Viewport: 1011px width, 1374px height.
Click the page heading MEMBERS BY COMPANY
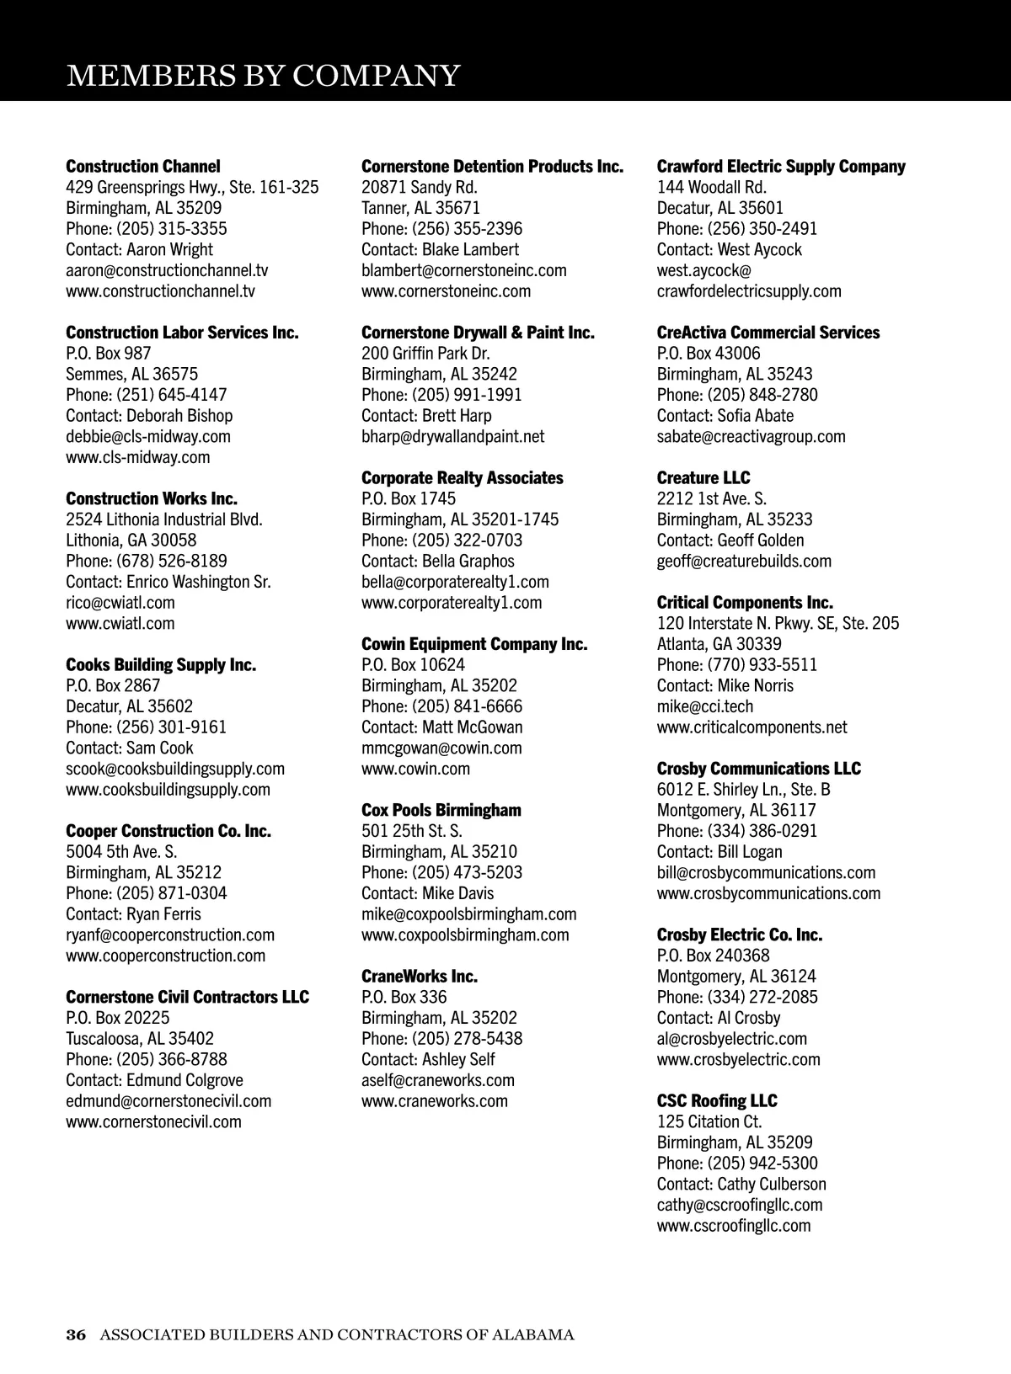[263, 75]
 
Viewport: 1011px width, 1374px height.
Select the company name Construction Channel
[143, 167]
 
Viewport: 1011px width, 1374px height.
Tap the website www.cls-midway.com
[138, 457]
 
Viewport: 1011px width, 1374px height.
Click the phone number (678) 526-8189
[172, 561]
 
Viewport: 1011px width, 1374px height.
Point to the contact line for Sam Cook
[130, 748]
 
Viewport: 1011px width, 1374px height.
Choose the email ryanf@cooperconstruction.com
[170, 935]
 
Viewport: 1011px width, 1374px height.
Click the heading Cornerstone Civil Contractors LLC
[187, 997]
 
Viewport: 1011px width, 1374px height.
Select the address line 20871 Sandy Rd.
[420, 187]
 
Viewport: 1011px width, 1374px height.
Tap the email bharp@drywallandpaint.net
[453, 436]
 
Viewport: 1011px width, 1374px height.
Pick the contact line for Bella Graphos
[438, 561]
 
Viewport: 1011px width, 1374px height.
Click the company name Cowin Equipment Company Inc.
[474, 644]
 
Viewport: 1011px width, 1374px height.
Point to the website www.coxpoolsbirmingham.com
[465, 935]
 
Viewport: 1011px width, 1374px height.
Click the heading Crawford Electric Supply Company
[781, 167]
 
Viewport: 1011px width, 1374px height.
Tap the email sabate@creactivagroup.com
[752, 436]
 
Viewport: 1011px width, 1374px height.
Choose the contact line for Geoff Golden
[730, 540]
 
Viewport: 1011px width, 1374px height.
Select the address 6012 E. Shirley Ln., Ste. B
[744, 789]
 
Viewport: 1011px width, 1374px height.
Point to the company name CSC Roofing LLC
[717, 1100]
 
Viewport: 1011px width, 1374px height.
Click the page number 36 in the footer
[76, 1334]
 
